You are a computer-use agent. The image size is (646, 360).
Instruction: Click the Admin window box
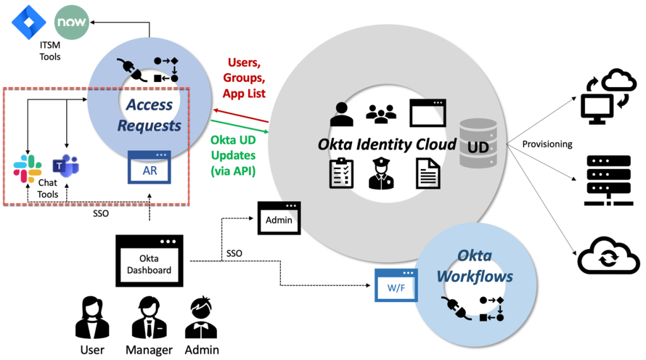279,218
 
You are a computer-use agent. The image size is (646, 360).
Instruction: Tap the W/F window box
396,284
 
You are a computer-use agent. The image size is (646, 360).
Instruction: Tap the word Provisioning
547,144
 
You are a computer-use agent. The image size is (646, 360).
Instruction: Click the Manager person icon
150,319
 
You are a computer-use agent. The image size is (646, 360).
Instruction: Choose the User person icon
92,319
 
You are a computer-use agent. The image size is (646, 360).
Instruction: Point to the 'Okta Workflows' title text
474,266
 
